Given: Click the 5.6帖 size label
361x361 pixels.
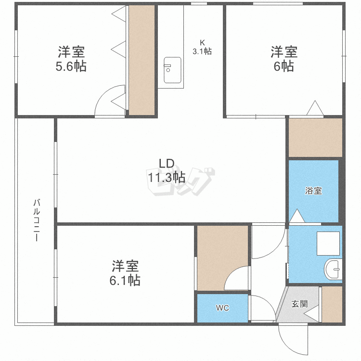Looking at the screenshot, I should click(71, 66).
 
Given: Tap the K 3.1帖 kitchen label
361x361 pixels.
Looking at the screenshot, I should click(202, 47).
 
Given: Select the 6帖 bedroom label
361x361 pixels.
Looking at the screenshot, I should click(284, 66).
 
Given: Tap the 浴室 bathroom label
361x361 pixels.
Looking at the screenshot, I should click(313, 191).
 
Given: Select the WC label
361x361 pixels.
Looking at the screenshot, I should click(222, 308).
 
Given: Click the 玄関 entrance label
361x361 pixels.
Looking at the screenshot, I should click(299, 304).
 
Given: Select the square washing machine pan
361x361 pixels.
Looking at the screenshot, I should click(328, 243).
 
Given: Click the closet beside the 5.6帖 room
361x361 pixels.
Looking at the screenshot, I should click(142, 60).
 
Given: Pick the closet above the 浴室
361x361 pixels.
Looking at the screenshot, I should click(315, 137).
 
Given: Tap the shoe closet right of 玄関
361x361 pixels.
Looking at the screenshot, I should click(331, 304).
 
